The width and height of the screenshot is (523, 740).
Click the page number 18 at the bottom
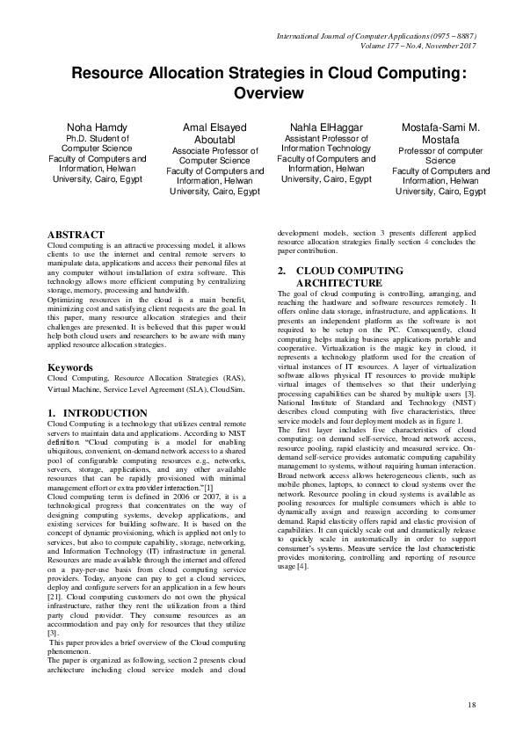click(x=471, y=705)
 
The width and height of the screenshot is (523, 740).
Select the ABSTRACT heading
click(x=76, y=236)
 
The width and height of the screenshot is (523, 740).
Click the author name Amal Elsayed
click(x=215, y=127)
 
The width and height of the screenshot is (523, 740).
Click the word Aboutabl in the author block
click(x=215, y=139)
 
